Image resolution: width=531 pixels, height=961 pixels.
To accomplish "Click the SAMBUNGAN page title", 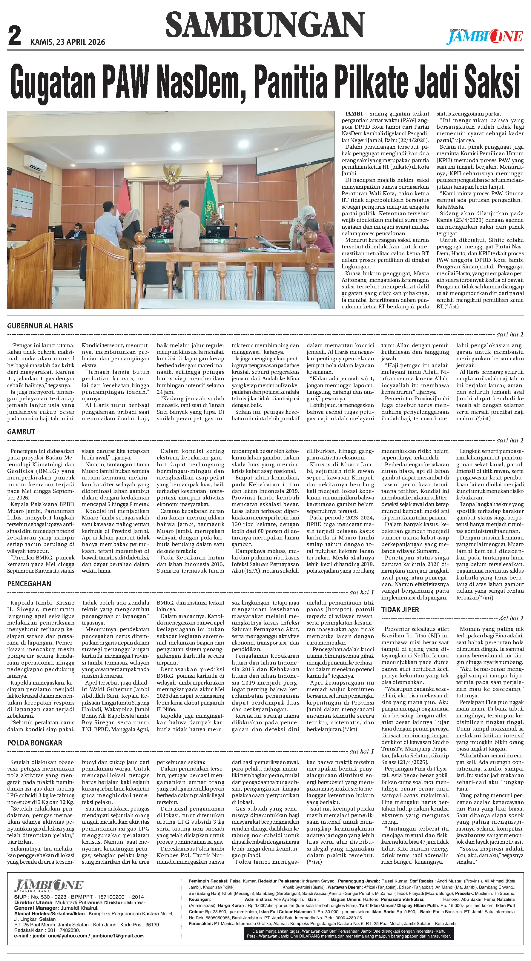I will coord(265,24).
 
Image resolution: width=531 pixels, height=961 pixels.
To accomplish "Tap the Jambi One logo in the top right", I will coord(485,36).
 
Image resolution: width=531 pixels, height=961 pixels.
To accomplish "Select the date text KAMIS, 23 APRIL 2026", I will coord(67,42).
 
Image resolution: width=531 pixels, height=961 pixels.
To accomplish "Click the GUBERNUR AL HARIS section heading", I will coord(40,326).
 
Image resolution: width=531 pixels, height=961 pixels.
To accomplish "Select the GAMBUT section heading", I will coord(21,432).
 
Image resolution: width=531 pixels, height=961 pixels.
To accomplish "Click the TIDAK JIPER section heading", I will coord(400,610).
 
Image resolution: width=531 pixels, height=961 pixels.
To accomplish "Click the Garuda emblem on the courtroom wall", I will coord(172,172).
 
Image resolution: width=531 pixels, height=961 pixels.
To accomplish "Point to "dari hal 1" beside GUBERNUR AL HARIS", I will coord(510,334).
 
